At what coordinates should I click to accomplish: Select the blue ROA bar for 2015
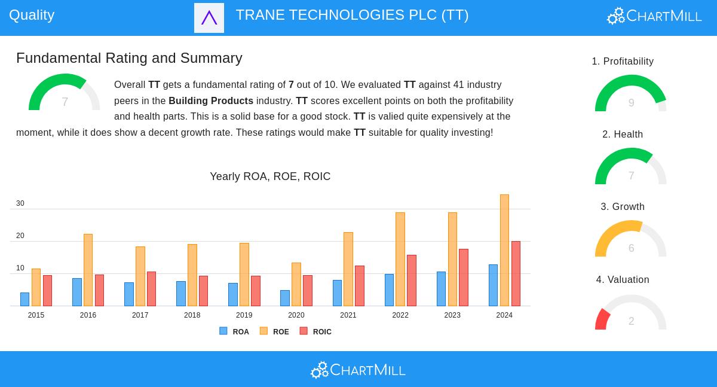coord(24,299)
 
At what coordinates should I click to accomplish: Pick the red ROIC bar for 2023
coord(464,278)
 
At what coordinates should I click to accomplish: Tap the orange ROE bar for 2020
coord(296,284)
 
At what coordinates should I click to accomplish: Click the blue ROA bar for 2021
coord(337,293)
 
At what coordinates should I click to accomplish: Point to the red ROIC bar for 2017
coord(151,289)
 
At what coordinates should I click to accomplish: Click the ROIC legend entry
coord(316,331)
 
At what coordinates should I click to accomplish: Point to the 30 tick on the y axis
coord(20,203)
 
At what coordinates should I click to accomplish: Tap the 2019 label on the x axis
coord(244,315)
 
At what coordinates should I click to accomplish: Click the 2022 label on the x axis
coord(400,315)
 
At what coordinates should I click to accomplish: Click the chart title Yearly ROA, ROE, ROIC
coord(270,176)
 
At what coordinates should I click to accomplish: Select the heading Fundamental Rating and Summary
coord(129,58)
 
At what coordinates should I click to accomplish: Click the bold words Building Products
coord(211,101)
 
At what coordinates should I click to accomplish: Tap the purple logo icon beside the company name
coord(209,18)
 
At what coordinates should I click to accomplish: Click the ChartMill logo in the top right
coord(654,16)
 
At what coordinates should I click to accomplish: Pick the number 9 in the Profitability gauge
coord(631,103)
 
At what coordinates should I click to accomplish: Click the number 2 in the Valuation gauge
coord(631,321)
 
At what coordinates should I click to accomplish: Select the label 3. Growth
coord(623,207)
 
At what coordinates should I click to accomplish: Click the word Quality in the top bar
coord(32,15)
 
